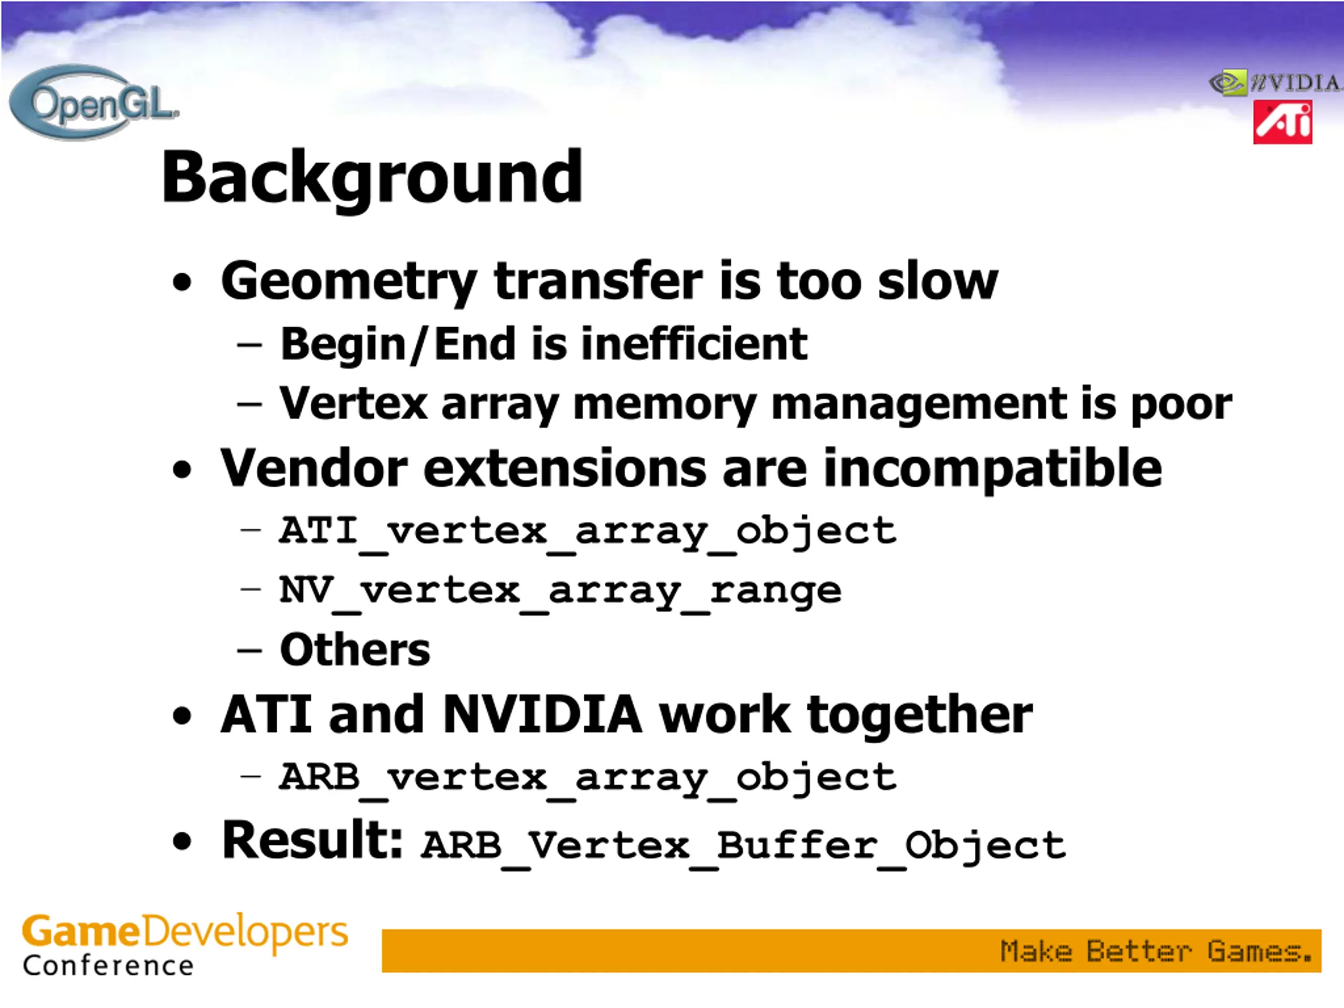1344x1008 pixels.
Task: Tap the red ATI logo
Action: click(1282, 123)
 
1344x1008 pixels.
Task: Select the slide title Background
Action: click(372, 178)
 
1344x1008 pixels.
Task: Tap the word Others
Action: click(355, 649)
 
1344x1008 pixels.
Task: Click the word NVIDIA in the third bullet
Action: click(542, 715)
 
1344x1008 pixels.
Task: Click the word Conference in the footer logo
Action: click(108, 966)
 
